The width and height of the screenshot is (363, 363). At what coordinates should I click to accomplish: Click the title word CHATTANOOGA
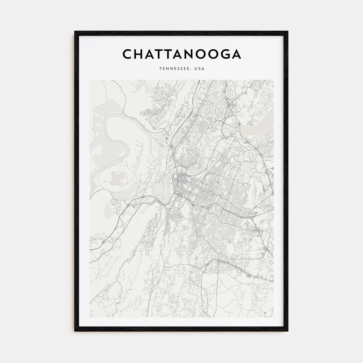click(181, 54)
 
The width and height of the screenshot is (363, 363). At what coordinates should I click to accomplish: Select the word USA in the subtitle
click(200, 69)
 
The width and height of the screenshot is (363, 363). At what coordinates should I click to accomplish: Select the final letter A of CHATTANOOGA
click(236, 54)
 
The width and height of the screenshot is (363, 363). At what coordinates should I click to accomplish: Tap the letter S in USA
click(200, 69)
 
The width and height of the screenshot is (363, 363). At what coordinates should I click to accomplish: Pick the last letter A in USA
click(203, 69)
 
